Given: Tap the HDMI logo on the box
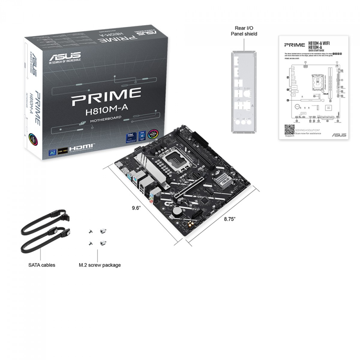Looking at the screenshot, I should tap(81, 148).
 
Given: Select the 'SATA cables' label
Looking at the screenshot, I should tap(42, 265).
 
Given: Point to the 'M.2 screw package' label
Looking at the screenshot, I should tap(100, 265).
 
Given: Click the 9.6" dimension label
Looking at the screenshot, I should tap(136, 208).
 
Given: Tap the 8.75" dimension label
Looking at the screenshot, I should tap(230, 219).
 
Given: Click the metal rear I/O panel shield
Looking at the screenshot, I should tap(244, 91).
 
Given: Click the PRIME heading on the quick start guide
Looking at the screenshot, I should tap(295, 45).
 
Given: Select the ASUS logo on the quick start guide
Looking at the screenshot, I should tap(339, 135).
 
